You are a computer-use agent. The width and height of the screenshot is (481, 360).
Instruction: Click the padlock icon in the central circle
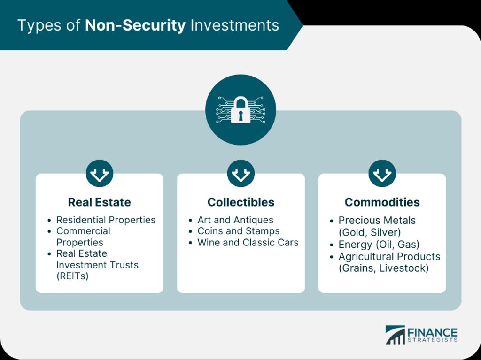click(x=240, y=110)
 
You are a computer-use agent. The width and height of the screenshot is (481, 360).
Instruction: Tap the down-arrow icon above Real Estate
click(x=100, y=173)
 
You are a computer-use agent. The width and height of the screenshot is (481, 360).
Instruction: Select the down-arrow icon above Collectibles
click(x=241, y=173)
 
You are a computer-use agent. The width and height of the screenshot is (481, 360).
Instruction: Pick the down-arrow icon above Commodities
click(x=382, y=173)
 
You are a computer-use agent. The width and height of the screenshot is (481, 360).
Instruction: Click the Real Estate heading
click(x=100, y=202)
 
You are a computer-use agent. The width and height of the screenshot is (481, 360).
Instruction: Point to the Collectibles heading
click(x=241, y=202)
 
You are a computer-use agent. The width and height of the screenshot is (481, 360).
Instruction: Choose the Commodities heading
click(x=382, y=202)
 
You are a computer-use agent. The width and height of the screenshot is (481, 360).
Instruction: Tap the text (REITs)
click(x=72, y=276)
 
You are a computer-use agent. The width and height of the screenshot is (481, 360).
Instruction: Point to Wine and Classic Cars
click(x=248, y=242)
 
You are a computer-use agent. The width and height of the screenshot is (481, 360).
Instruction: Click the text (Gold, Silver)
click(x=370, y=232)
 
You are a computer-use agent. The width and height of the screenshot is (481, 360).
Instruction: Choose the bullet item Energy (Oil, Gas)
click(x=379, y=245)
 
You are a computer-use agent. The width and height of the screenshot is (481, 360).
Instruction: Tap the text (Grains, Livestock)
click(x=383, y=268)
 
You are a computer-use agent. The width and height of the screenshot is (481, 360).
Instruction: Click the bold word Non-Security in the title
click(x=135, y=25)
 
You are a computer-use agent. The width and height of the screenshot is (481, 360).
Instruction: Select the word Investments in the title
click(x=235, y=25)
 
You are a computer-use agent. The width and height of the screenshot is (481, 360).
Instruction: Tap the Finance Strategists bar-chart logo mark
click(x=395, y=335)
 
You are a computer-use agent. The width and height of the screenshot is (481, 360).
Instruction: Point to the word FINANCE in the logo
click(x=433, y=333)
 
